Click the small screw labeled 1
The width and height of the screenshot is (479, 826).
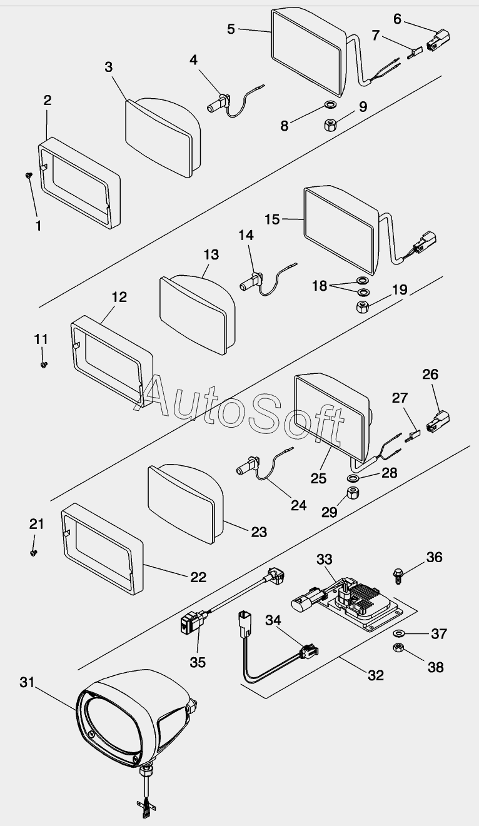tap(29, 176)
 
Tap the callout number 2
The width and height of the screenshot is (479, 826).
tap(48, 100)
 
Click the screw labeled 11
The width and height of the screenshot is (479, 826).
tap(44, 364)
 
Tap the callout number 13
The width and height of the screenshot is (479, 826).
tap(211, 254)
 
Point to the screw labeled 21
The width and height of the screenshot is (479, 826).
tap(35, 552)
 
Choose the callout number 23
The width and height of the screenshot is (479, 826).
tap(259, 531)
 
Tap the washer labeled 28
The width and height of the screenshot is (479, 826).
tap(353, 479)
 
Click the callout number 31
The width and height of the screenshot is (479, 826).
tap(27, 683)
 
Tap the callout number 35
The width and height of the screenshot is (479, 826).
tap(198, 662)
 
